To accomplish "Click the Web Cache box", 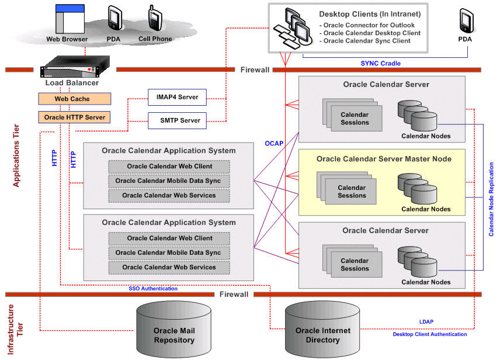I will pos(72,99).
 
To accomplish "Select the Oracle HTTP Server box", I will pos(75,117).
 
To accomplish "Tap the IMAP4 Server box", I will pos(177,97).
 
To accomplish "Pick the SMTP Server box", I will pos(177,121).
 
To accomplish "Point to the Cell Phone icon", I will pos(155,20).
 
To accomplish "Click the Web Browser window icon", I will pos(67,21).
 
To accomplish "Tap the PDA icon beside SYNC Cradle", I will pos(465,22).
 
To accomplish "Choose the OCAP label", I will pos(274,143).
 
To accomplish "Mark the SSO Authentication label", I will pos(153,288).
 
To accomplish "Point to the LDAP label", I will pos(426,322).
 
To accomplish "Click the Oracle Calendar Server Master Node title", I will pos(384,159).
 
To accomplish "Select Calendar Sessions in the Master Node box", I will pos(352,191).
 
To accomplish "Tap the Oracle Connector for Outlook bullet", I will pos(369,25).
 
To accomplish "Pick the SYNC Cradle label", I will pos(380,63).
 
